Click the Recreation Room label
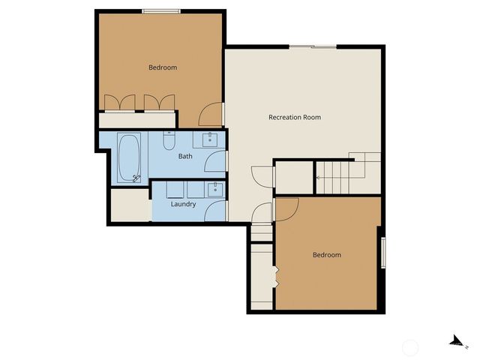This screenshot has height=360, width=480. [295, 117]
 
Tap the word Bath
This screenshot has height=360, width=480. [184, 157]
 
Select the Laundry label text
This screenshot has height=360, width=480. [183, 204]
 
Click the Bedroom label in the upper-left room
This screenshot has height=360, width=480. [163, 67]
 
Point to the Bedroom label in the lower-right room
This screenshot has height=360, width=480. [326, 255]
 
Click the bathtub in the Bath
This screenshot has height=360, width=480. [129, 157]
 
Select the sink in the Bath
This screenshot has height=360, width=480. [208, 139]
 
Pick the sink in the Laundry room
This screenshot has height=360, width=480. [216, 187]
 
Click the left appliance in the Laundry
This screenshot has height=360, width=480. [175, 189]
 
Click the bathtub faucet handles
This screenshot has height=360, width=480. [136, 177]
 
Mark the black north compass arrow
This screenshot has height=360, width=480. [454, 341]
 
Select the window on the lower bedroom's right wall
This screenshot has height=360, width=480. [383, 252]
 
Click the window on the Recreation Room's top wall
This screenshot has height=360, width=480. [313, 47]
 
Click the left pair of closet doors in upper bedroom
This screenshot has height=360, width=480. [120, 103]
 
